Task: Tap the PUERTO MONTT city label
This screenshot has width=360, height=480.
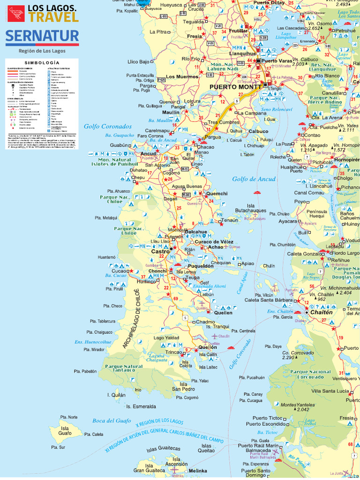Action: (x=235, y=87)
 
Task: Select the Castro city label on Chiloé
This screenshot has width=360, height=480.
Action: (x=160, y=252)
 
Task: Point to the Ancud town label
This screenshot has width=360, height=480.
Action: (x=148, y=154)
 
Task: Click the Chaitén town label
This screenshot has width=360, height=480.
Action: (x=321, y=312)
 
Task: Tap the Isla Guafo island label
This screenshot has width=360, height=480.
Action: (x=65, y=431)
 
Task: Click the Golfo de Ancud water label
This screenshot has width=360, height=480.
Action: (x=254, y=179)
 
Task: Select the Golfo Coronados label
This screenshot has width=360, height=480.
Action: (x=108, y=126)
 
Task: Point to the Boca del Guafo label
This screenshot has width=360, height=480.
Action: (x=112, y=420)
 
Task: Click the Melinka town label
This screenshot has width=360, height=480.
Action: (x=198, y=471)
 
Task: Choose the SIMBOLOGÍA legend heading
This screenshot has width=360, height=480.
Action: (x=42, y=62)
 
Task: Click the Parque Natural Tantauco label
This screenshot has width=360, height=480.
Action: (x=124, y=369)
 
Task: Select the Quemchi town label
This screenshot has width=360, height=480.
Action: (x=217, y=193)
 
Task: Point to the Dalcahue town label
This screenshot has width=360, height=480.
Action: (x=196, y=232)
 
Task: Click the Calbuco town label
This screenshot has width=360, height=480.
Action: (x=258, y=131)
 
